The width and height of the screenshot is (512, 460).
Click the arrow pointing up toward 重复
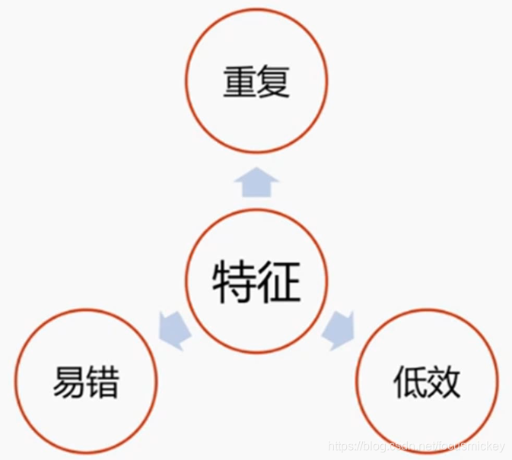point(256,182)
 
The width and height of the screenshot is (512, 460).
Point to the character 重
point(239,81)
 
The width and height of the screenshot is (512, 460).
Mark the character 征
point(279,283)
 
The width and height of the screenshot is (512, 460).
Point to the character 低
point(409,382)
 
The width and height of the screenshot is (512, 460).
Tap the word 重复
point(256,81)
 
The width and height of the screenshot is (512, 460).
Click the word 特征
point(256,283)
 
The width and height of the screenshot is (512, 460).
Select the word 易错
point(86,382)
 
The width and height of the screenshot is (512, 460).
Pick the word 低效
point(427,382)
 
